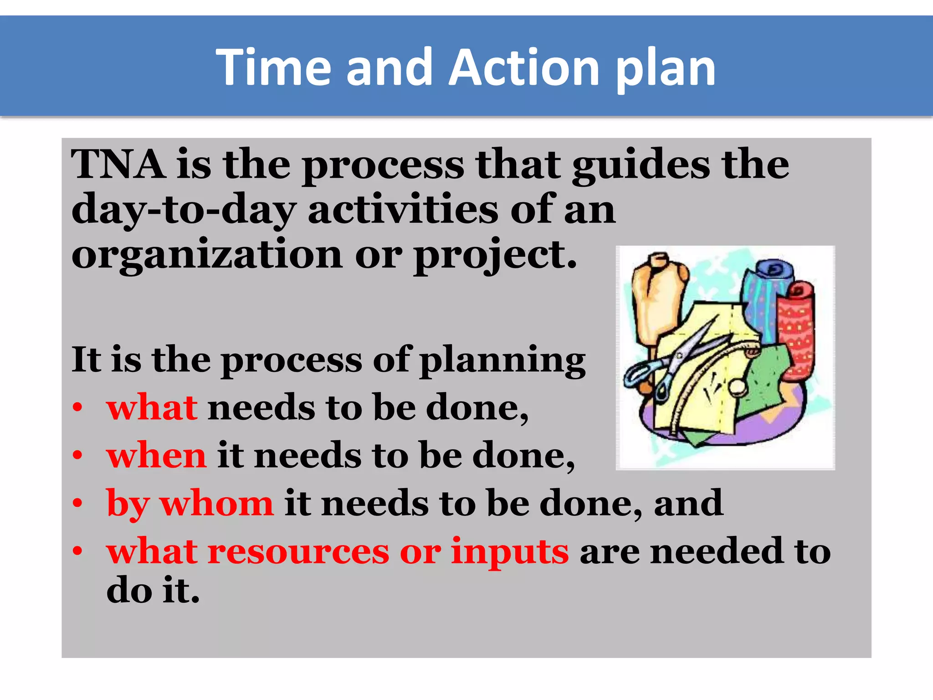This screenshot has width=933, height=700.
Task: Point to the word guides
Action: tap(641, 166)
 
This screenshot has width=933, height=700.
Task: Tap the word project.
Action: tap(495, 256)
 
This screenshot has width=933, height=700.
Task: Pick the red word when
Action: tap(156, 455)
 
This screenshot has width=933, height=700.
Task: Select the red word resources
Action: tap(298, 551)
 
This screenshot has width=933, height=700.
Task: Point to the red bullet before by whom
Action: tap(77, 504)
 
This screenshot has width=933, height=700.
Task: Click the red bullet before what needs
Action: tap(77, 407)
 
